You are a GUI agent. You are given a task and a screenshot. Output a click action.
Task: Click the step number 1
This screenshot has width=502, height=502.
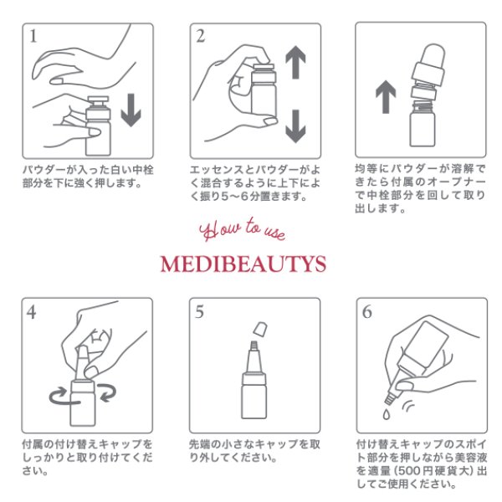[x=33, y=36]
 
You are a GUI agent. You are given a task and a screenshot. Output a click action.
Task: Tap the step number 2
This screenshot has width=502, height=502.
[x=201, y=36]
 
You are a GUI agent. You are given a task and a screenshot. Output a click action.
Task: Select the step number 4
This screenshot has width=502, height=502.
[x=32, y=312]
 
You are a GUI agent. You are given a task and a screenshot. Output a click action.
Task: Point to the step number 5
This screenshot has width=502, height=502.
[x=199, y=311]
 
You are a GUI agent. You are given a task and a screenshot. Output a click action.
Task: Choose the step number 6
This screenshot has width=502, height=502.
[x=367, y=311]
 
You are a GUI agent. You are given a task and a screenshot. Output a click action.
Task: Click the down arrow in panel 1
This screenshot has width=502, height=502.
[x=131, y=110]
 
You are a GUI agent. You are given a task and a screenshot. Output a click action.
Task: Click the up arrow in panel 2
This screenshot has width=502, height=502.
[x=295, y=62]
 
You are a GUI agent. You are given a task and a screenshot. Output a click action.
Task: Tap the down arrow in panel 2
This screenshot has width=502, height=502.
[x=295, y=126]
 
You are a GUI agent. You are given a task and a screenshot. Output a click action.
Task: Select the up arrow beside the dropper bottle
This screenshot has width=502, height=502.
[x=386, y=97]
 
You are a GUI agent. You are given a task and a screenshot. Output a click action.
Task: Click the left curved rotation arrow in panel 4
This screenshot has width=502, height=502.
[x=58, y=396]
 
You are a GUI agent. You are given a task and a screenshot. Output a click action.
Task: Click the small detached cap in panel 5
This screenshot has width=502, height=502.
[x=260, y=329]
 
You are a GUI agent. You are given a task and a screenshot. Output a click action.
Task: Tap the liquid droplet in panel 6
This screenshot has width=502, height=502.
[x=387, y=414]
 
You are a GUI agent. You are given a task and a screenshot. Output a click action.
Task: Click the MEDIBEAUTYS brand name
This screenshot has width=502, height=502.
[x=243, y=264]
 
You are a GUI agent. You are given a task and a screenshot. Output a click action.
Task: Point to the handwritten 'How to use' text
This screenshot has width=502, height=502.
[x=243, y=229]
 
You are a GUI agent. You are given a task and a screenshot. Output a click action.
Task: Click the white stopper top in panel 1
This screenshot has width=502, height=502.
[x=98, y=100]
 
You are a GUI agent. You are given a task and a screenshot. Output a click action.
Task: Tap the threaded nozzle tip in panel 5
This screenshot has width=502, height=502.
[x=254, y=345]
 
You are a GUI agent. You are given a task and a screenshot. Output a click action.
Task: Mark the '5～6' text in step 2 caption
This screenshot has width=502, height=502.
[x=235, y=197]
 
